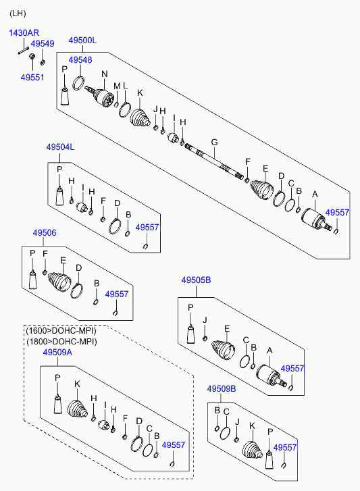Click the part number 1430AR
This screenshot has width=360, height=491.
click(24, 32)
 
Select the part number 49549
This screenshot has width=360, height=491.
click(43, 43)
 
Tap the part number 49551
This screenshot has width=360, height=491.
click(32, 78)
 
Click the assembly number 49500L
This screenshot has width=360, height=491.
click(82, 41)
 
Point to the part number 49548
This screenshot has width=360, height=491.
click(80, 60)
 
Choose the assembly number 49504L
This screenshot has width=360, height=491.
click(60, 147)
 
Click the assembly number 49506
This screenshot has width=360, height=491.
click(45, 232)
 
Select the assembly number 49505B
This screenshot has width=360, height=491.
click(197, 280)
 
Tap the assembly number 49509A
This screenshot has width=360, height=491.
click(57, 353)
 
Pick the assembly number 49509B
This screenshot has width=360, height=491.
click(222, 388)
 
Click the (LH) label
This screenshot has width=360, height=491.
click(18, 14)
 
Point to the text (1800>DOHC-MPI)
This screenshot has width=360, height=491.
click(61, 341)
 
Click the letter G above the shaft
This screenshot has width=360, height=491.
click(214, 143)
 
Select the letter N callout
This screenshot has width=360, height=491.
click(105, 74)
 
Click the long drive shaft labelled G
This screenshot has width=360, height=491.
click(214, 161)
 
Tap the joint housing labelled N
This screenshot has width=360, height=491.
click(103, 97)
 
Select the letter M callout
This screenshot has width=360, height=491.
click(117, 86)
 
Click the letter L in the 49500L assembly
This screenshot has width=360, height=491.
click(125, 86)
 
